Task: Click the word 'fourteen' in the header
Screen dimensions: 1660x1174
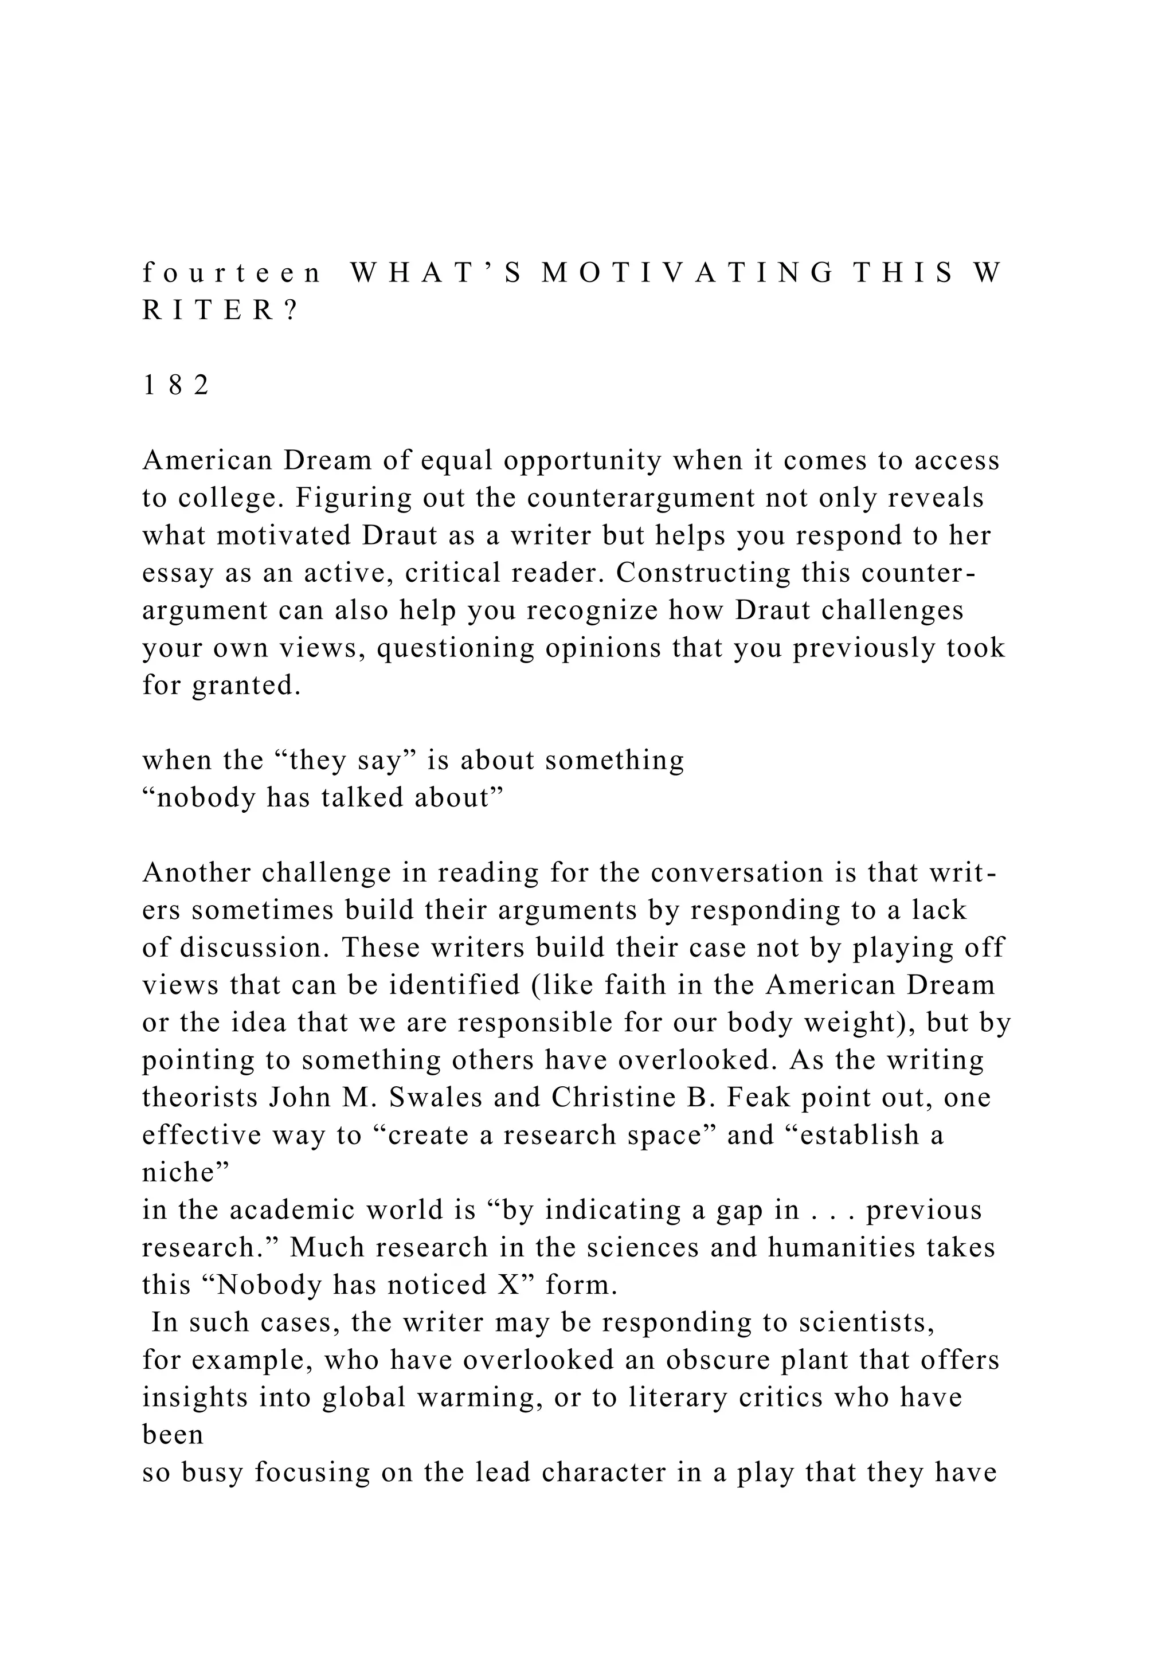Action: [232, 273]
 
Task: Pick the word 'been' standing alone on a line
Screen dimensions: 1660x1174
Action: [172, 1434]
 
